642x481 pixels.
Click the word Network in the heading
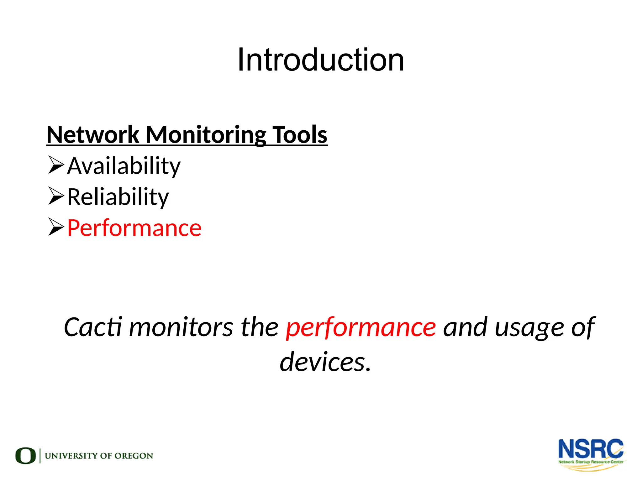93,135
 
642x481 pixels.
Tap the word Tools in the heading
300,135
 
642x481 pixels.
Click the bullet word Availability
124,166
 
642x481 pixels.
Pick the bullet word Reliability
118,197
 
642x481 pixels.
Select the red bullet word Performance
134,228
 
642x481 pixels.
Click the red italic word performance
361,327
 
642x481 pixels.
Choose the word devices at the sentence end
323,362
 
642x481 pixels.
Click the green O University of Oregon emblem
25,456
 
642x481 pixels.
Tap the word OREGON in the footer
134,456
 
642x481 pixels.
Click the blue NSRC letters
591,449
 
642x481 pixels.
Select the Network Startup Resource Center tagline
591,462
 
